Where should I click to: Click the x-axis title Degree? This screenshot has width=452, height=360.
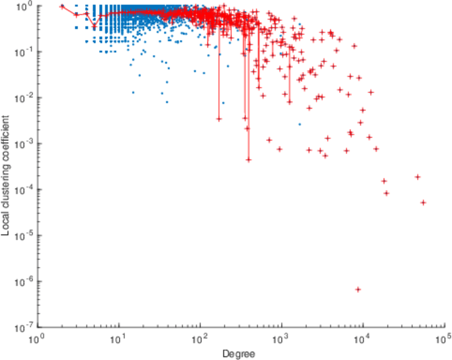(238, 354)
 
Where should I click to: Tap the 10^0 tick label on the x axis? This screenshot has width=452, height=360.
(38, 340)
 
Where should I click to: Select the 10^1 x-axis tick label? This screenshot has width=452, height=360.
(119, 340)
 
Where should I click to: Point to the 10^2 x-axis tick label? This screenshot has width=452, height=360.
(200, 340)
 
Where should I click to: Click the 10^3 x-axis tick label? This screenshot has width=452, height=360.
(281, 340)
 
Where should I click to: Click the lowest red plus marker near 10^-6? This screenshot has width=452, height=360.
(358, 289)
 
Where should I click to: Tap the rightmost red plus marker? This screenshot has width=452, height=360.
(423, 203)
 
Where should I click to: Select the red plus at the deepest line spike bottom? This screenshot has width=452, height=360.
(249, 160)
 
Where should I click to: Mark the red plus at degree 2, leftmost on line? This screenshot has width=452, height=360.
(62, 7)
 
